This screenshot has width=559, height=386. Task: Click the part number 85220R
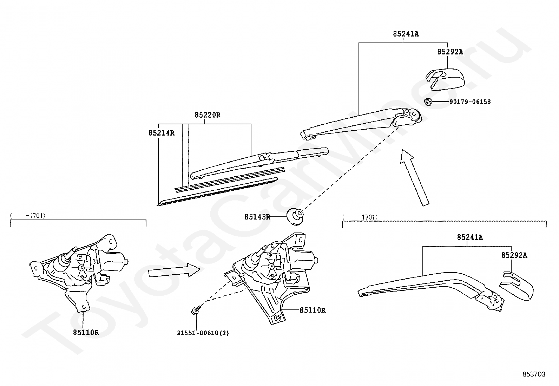[x=208, y=115]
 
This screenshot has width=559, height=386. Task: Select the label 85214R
[x=161, y=133]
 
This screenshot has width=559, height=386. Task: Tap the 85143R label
[x=257, y=217]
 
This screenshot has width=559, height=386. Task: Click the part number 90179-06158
[x=470, y=102]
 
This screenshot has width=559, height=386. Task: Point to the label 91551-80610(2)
[x=203, y=333]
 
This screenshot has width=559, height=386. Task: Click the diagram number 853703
[x=533, y=374]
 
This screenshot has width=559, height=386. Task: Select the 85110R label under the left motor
[x=86, y=332]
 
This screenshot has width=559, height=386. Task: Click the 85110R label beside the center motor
[x=313, y=310]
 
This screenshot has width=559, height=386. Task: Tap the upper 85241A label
[x=406, y=34]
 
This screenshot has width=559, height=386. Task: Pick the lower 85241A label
[x=470, y=237]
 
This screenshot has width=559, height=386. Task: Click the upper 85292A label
[x=450, y=52]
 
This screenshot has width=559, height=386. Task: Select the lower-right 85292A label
[x=514, y=255]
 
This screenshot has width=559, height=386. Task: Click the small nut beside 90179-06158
[x=428, y=102]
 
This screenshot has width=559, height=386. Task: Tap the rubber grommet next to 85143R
[x=295, y=216]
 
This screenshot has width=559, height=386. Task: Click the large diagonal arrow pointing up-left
[x=415, y=177]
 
